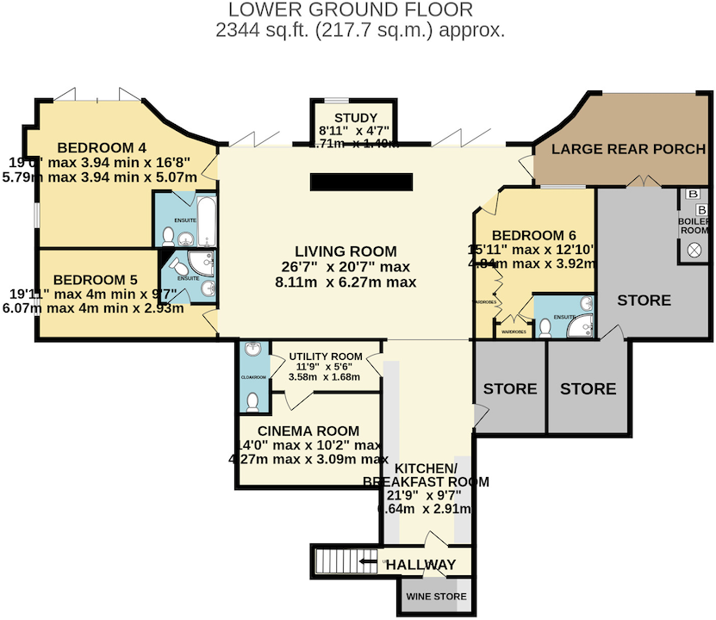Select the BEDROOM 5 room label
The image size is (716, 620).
[95, 279]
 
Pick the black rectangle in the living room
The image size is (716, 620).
[363, 183]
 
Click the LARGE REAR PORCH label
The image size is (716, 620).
[628, 149]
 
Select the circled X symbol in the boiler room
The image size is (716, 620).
[694, 251]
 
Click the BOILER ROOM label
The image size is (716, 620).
[694, 226]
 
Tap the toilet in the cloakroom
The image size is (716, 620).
[252, 401]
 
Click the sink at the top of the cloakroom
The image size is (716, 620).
[252, 350]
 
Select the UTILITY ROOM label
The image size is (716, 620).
[325, 356]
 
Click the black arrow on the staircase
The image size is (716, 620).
[368, 564]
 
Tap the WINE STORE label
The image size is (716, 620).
[436, 596]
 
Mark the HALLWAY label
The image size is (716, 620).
[420, 565]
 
